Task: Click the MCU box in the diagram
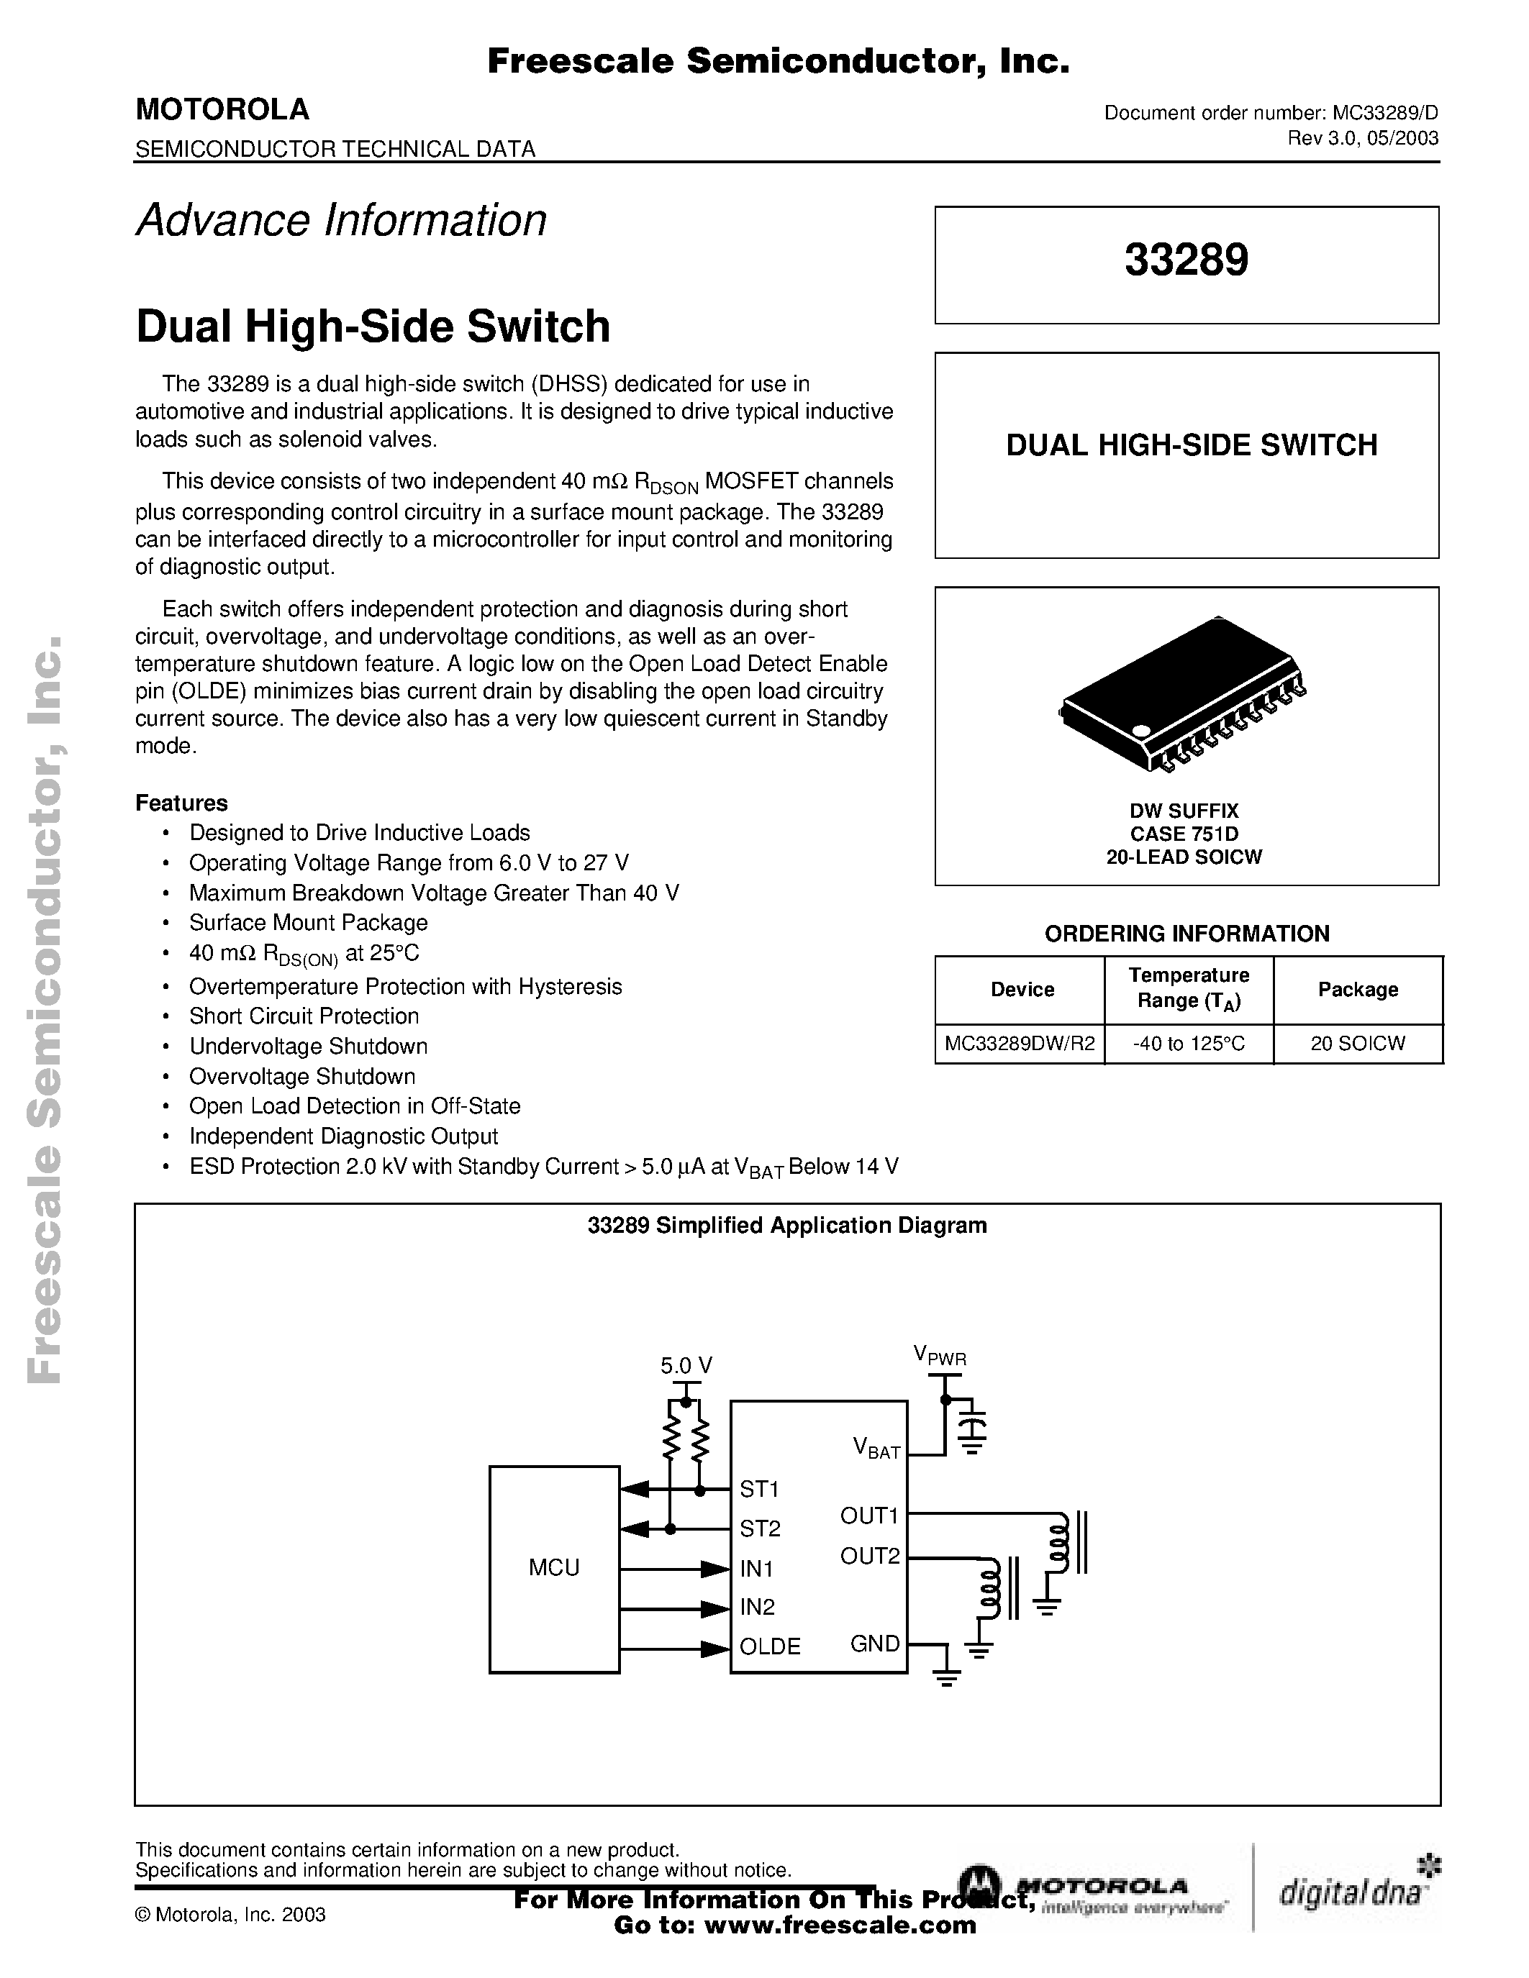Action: (x=553, y=1569)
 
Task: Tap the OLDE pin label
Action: (x=770, y=1646)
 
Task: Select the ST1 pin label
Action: (x=759, y=1489)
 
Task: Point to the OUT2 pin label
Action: (x=870, y=1556)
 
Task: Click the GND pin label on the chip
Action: (x=874, y=1643)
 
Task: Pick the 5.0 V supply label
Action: (x=686, y=1366)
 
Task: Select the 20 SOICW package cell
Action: (x=1357, y=1044)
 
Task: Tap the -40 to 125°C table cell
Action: (x=1189, y=1044)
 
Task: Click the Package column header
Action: (x=1357, y=989)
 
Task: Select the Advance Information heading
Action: (x=342, y=220)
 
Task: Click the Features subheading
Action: (x=181, y=803)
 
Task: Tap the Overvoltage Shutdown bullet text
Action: (x=301, y=1076)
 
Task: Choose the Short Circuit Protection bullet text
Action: (x=304, y=1016)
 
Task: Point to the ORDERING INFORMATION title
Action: (x=1187, y=933)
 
